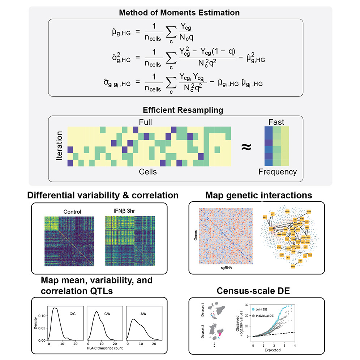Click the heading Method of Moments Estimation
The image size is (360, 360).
[x=180, y=13]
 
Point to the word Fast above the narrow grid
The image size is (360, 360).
[x=276, y=123]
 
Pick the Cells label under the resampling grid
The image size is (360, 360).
[x=148, y=171]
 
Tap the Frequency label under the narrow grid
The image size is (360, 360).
[x=277, y=172]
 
